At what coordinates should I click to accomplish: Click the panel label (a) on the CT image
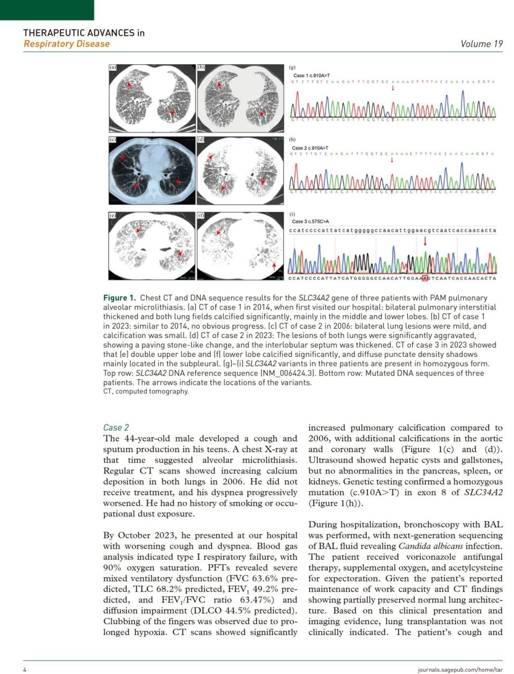tap(112, 68)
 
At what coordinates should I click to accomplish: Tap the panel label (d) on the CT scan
tap(201, 140)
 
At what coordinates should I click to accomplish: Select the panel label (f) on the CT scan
tap(201, 215)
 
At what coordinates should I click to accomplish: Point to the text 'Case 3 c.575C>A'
tap(311, 221)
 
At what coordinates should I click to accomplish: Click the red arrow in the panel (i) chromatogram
tap(425, 241)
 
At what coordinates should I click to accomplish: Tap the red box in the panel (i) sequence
tap(425, 278)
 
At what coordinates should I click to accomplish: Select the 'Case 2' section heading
tap(116, 428)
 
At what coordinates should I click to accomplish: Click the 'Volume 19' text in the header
tap(481, 44)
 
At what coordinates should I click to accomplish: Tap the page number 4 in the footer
tap(25, 669)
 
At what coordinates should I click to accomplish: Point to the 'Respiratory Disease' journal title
tap(66, 44)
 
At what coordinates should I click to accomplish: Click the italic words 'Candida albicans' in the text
tap(430, 546)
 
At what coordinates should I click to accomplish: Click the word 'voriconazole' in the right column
tap(431, 557)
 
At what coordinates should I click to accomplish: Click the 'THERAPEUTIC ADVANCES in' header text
tap(84, 33)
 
